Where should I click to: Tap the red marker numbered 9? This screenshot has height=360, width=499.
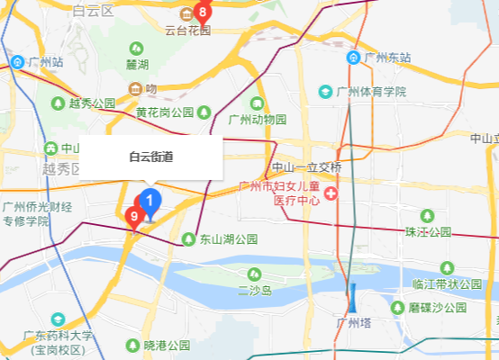[133, 216]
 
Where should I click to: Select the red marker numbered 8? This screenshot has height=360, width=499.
[202, 13]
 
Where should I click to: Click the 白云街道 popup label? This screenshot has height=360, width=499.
[150, 157]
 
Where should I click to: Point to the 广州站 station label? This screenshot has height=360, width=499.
[45, 62]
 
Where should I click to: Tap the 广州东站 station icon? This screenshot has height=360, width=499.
[356, 58]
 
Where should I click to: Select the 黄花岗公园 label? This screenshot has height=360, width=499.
[166, 112]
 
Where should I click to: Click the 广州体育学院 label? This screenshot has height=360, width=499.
[371, 92]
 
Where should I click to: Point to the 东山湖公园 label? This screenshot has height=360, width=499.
[229, 239]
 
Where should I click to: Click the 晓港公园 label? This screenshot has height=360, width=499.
[167, 345]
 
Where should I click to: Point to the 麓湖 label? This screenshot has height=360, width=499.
[137, 64]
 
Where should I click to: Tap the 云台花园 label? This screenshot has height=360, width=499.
[187, 30]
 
